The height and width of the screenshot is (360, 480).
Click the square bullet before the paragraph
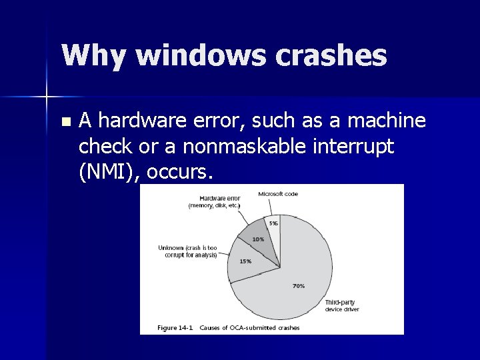click(x=64, y=122)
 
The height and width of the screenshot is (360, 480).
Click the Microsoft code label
click(x=278, y=194)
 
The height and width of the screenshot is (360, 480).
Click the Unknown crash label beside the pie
click(x=187, y=251)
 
